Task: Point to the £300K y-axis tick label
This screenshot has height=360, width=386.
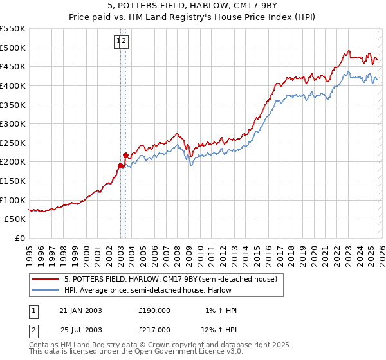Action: pyautogui.click(x=13, y=123)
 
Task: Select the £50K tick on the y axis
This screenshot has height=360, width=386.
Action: pyautogui.click(x=15, y=219)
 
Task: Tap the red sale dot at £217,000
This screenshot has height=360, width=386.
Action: pyautogui.click(x=126, y=155)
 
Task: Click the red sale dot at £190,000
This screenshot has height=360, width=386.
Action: pyautogui.click(x=120, y=165)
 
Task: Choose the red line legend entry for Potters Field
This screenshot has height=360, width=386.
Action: pyautogui.click(x=170, y=279)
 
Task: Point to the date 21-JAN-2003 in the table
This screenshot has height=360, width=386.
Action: pyautogui.click(x=80, y=310)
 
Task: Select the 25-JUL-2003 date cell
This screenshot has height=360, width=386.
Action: pyautogui.click(x=80, y=330)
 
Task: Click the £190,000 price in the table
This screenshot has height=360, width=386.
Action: pyautogui.click(x=154, y=310)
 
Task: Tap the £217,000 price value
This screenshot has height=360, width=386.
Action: pyautogui.click(x=154, y=330)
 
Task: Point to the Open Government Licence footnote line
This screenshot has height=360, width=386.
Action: pyautogui.click(x=136, y=352)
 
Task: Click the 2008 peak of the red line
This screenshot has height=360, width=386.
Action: pyautogui.click(x=176, y=134)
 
